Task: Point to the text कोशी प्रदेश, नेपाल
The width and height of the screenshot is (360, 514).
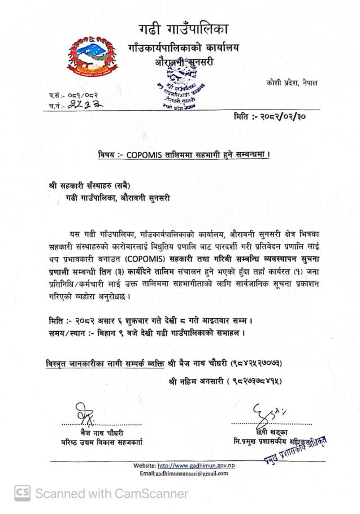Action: point(292,82)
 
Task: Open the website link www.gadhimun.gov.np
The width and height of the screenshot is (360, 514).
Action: point(196,465)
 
